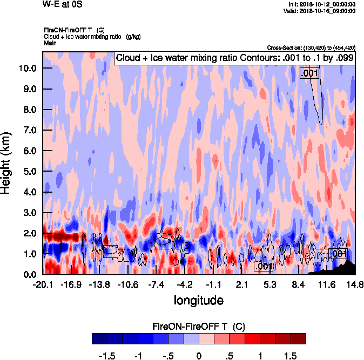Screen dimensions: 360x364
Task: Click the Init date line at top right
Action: coord(322,4)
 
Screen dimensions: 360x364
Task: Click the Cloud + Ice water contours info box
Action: coord(234,58)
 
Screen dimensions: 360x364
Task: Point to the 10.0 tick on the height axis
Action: coord(26,69)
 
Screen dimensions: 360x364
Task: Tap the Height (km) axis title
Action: coord(6,163)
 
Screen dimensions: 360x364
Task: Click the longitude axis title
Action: coord(198,300)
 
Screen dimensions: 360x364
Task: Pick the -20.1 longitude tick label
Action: coord(43,284)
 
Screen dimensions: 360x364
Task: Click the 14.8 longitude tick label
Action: coord(354,284)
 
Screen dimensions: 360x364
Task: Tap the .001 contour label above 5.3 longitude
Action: coord(263,266)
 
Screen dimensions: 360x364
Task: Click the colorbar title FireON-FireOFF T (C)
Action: coord(199,327)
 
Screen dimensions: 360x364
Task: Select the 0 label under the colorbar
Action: coord(199,356)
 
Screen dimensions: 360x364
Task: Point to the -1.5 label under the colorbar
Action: coord(108,356)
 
